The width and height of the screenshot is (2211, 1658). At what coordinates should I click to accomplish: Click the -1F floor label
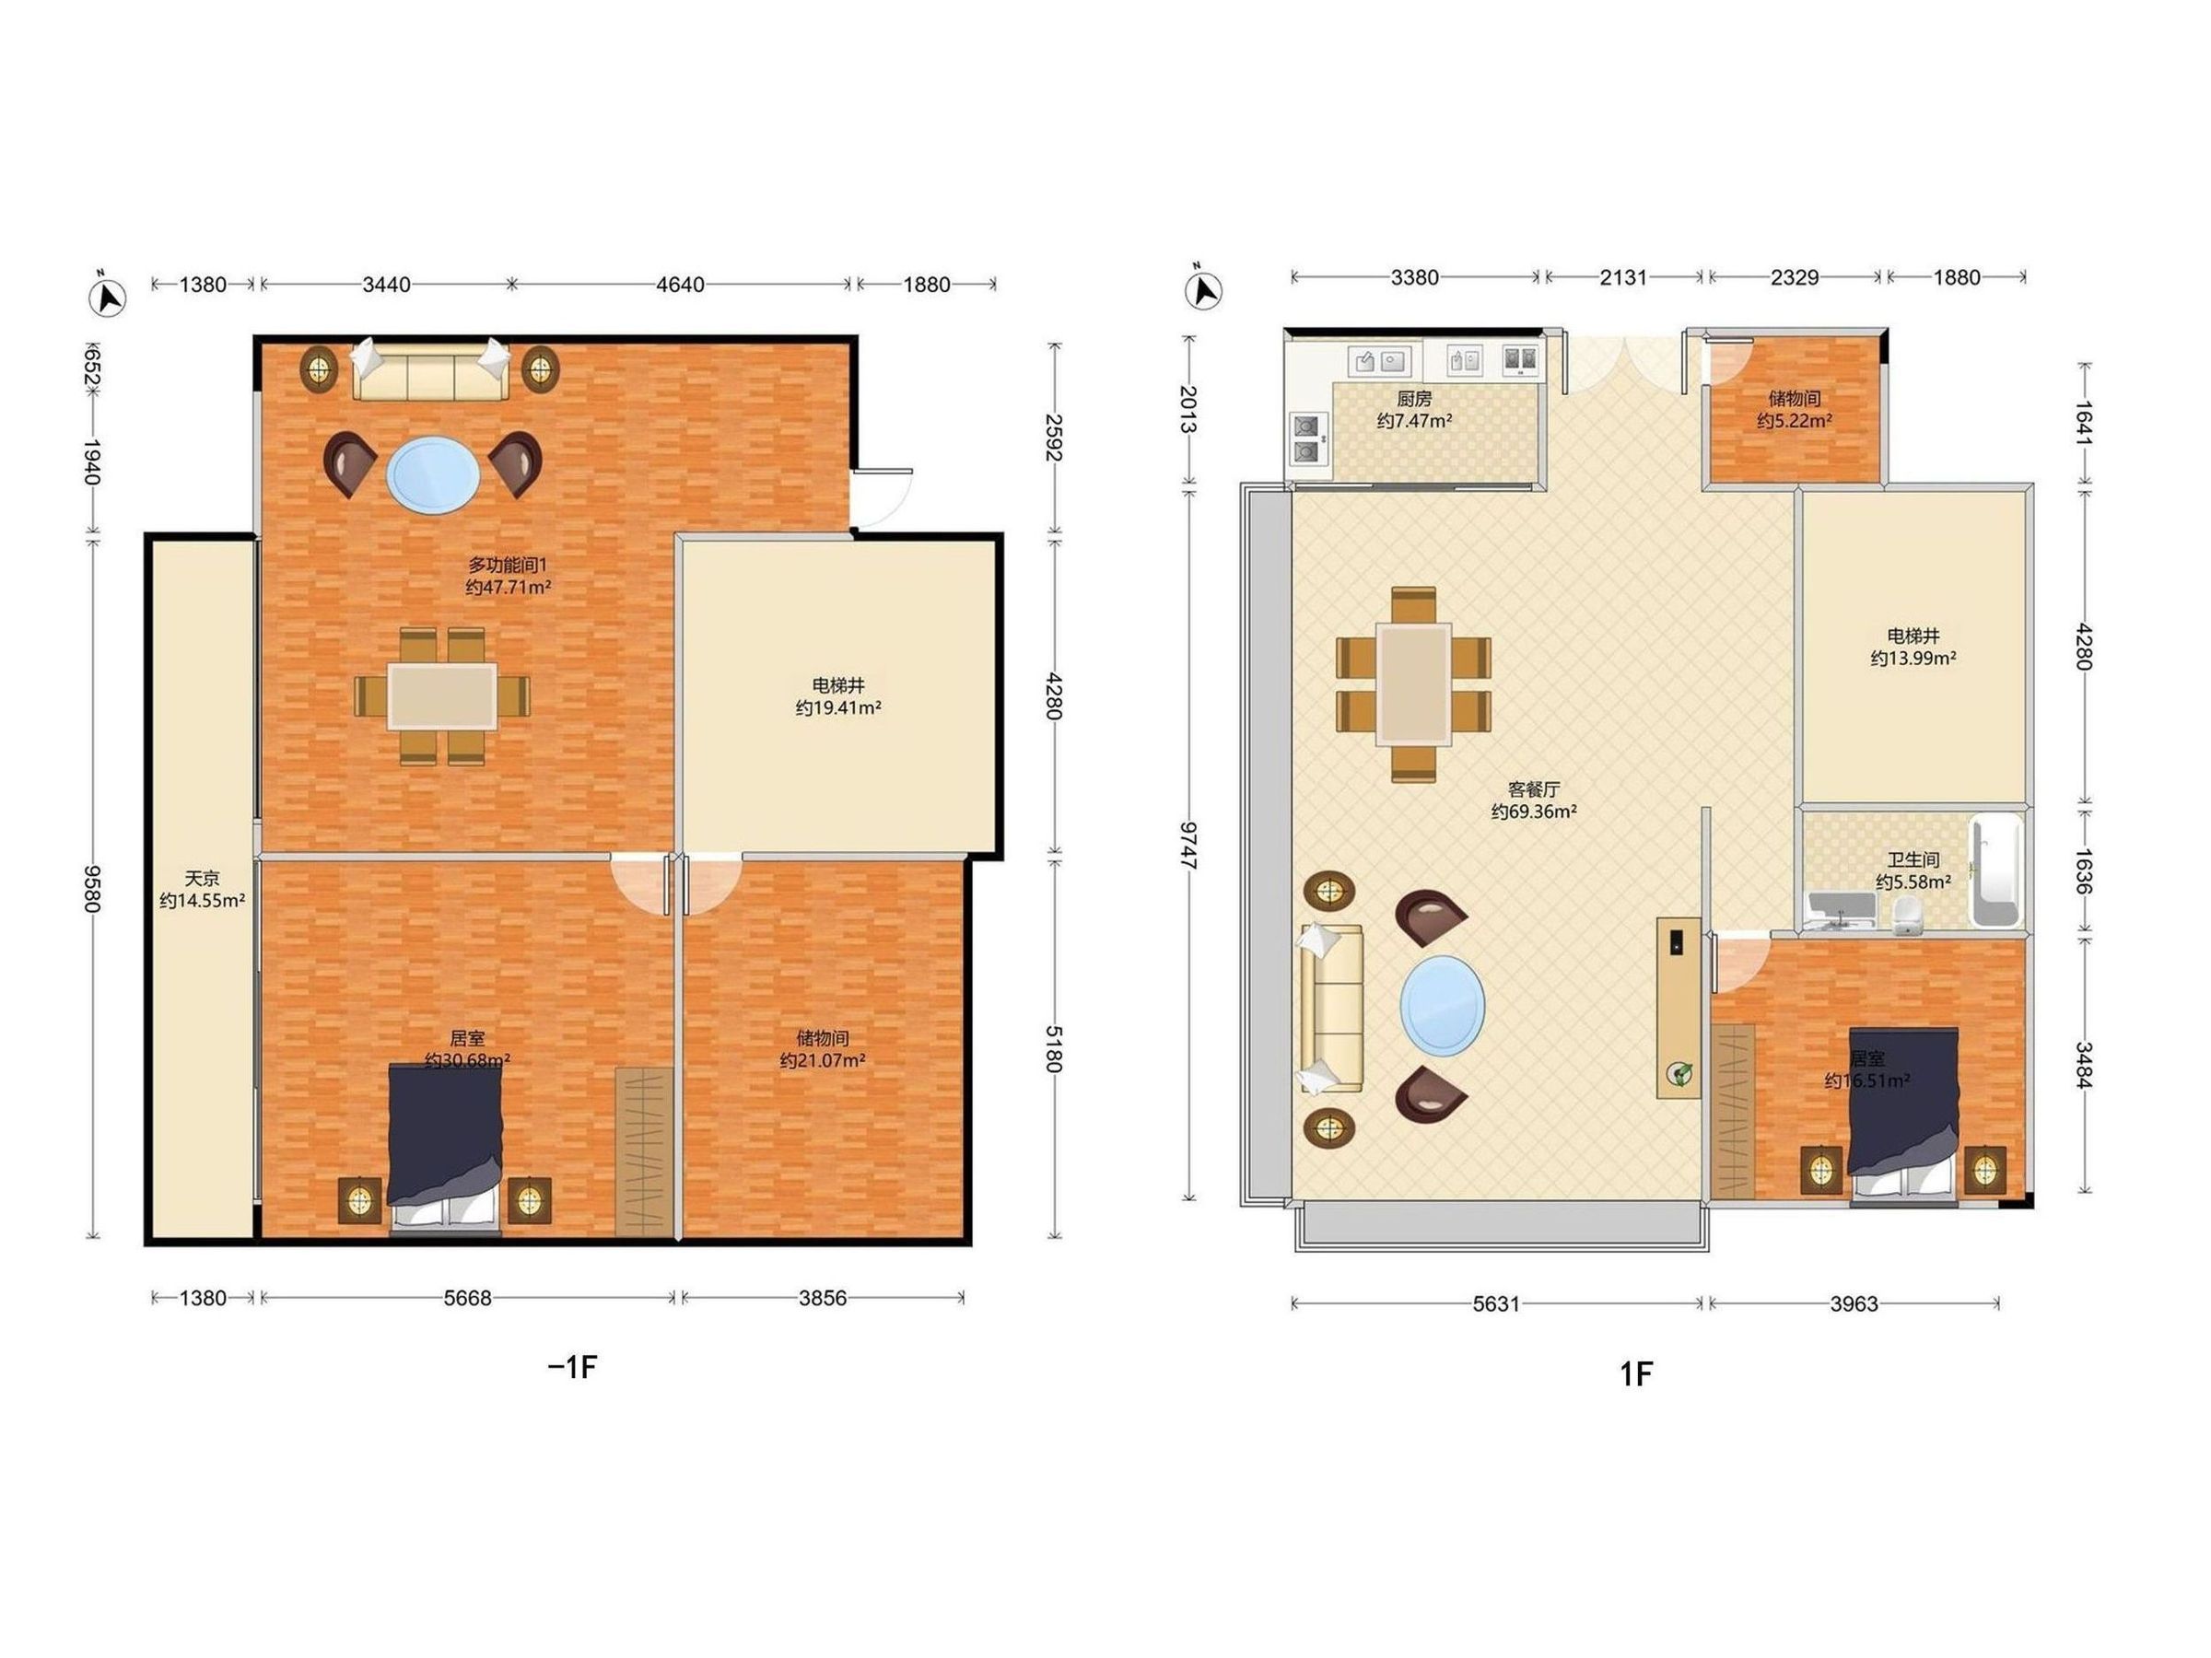[573, 1366]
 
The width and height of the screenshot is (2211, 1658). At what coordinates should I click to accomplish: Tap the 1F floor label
[1636, 1374]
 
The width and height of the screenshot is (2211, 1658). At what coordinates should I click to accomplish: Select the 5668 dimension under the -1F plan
[468, 1298]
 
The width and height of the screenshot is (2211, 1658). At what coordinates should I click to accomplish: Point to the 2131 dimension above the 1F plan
[1623, 277]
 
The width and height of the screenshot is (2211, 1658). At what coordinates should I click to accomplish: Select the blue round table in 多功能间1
[433, 474]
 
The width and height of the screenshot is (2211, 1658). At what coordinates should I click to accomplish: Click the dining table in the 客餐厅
[1412, 683]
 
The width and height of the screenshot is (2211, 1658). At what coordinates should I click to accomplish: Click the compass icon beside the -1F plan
[107, 297]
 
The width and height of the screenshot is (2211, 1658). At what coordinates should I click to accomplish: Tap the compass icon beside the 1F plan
[1203, 290]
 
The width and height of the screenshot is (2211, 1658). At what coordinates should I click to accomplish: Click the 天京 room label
[202, 879]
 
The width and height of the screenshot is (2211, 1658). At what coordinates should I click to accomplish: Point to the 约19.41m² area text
[837, 708]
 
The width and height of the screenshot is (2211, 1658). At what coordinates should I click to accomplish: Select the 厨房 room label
[1414, 398]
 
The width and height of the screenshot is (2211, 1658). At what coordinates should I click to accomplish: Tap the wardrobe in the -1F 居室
[644, 1151]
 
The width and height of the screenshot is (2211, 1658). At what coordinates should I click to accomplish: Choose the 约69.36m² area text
[1533, 811]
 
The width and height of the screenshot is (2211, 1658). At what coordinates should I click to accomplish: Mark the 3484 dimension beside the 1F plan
[2083, 1066]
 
